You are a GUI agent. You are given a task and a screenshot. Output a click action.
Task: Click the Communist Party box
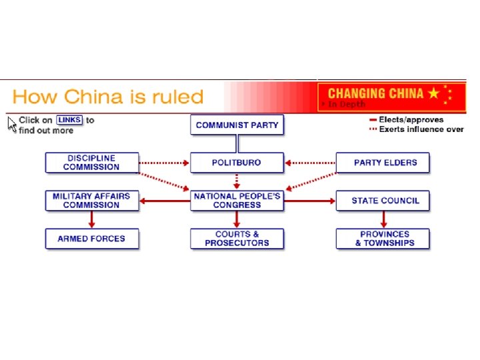pos(237,125)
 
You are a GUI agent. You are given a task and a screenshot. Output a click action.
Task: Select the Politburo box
pos(237,162)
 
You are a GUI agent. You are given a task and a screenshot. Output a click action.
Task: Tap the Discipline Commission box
pos(92,162)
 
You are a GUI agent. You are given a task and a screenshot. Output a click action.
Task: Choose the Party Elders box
pos(383,162)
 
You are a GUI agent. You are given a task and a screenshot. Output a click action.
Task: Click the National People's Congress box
pos(237,200)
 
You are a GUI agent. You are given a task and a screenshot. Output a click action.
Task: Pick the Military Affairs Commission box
pos(92,200)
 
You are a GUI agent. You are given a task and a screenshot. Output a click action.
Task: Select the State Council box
pos(383,200)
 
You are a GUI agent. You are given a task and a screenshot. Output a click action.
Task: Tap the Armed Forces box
pos(92,239)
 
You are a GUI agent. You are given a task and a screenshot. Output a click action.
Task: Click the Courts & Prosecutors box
pos(237,239)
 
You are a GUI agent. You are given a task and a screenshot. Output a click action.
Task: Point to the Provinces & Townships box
pos(383,239)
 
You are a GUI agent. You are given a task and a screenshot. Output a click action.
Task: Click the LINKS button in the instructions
pos(69,120)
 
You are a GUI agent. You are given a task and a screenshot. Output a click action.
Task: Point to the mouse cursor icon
pos(11,123)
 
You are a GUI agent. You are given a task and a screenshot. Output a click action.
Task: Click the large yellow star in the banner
pos(434,93)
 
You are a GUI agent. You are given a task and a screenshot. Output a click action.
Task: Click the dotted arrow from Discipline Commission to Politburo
pos(165,162)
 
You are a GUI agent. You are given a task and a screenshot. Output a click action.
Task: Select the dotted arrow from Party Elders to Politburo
pos(310,162)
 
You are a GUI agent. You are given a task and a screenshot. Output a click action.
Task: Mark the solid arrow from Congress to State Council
pos(310,200)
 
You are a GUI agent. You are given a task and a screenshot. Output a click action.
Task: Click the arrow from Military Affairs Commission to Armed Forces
pos(92,219)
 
